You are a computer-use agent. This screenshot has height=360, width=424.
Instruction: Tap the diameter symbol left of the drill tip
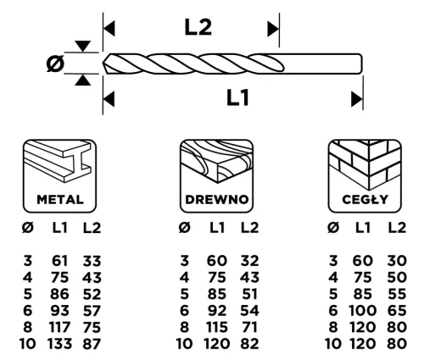(x=55, y=64)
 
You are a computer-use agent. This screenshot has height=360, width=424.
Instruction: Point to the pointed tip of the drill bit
(x=106, y=64)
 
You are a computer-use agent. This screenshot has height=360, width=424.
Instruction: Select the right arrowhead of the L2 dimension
(x=273, y=30)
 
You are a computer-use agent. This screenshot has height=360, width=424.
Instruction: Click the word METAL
(x=59, y=201)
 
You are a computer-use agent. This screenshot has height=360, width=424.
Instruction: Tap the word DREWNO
(x=216, y=201)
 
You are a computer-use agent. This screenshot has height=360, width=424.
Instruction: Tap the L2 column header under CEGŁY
(x=395, y=227)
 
